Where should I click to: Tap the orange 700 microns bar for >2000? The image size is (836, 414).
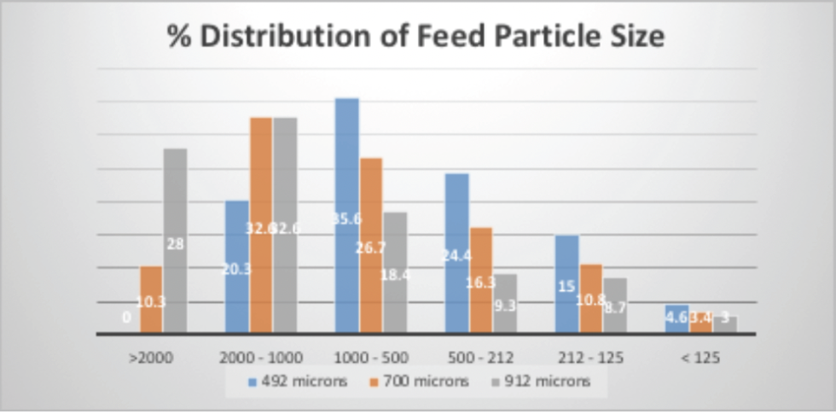tap(151, 299)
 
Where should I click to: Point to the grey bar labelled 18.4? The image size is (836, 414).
tap(394, 272)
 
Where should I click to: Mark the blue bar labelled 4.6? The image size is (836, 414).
tap(676, 318)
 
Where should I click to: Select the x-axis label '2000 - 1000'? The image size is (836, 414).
tap(260, 358)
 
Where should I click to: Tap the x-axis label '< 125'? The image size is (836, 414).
tap(700, 358)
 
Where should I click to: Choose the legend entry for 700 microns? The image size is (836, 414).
tap(419, 382)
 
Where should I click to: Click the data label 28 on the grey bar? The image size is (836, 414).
tap(176, 244)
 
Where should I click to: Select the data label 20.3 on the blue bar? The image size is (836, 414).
tap(236, 269)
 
